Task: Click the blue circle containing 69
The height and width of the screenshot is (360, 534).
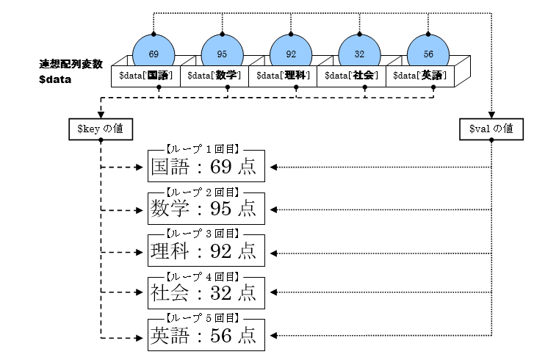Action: pyautogui.click(x=154, y=54)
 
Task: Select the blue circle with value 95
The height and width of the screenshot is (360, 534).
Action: pyautogui.click(x=223, y=54)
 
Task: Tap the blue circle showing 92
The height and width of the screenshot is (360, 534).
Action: pyautogui.click(x=291, y=54)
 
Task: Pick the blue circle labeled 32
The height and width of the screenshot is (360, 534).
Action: pyautogui.click(x=359, y=54)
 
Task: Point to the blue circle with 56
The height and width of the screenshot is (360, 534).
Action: pyautogui.click(x=428, y=54)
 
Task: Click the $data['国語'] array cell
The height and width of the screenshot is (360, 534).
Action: pyautogui.click(x=144, y=75)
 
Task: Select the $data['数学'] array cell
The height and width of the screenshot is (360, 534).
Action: pyautogui.click(x=213, y=75)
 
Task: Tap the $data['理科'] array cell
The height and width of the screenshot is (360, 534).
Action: pyautogui.click(x=282, y=75)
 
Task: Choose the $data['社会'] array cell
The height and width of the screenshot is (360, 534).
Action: pyautogui.click(x=351, y=75)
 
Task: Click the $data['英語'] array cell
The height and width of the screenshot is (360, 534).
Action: pyautogui.click(x=420, y=75)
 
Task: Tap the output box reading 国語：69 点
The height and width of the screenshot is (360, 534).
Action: pyautogui.click(x=205, y=168)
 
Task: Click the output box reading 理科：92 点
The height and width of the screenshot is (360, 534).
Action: pyautogui.click(x=205, y=251)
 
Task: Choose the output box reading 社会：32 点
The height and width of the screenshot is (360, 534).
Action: pyautogui.click(x=205, y=293)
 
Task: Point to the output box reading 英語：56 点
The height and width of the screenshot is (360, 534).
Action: pyautogui.click(x=205, y=335)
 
